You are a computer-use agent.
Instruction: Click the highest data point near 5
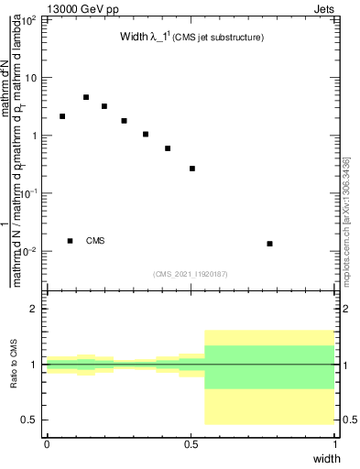86,97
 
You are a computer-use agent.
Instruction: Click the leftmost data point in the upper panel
62,116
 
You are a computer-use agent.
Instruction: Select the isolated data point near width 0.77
269,244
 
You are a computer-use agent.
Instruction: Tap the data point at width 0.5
192,169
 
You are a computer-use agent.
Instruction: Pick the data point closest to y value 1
146,135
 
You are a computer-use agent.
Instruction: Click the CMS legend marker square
70,241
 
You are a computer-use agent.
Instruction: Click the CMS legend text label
95,241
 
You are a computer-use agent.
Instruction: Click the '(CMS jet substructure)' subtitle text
220,38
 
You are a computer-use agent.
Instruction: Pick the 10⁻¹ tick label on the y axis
29,193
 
